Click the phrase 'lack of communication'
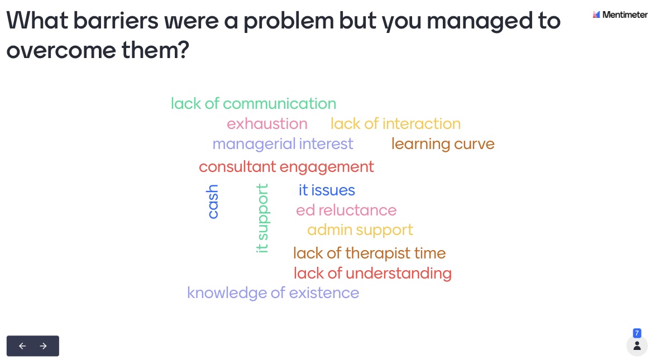pos(254,104)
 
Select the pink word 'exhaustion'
pos(267,123)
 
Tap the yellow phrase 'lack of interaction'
pos(395,123)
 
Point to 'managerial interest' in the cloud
pos(283,144)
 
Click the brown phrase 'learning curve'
pos(443,144)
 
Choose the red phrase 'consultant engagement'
pos(286,167)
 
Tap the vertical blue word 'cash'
pos(212,201)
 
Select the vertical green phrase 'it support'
pos(262,218)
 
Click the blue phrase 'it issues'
pos(327,190)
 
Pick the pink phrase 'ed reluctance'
pos(346,210)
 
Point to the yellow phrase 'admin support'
pos(360,230)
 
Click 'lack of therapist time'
pos(369,253)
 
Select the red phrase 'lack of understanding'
pos(372,273)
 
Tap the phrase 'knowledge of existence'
pos(273,293)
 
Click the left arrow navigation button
pos(22,346)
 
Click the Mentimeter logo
pos(620,15)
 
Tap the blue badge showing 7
pos(637,333)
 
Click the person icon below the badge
pos(637,346)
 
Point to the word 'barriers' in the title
pos(116,21)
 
